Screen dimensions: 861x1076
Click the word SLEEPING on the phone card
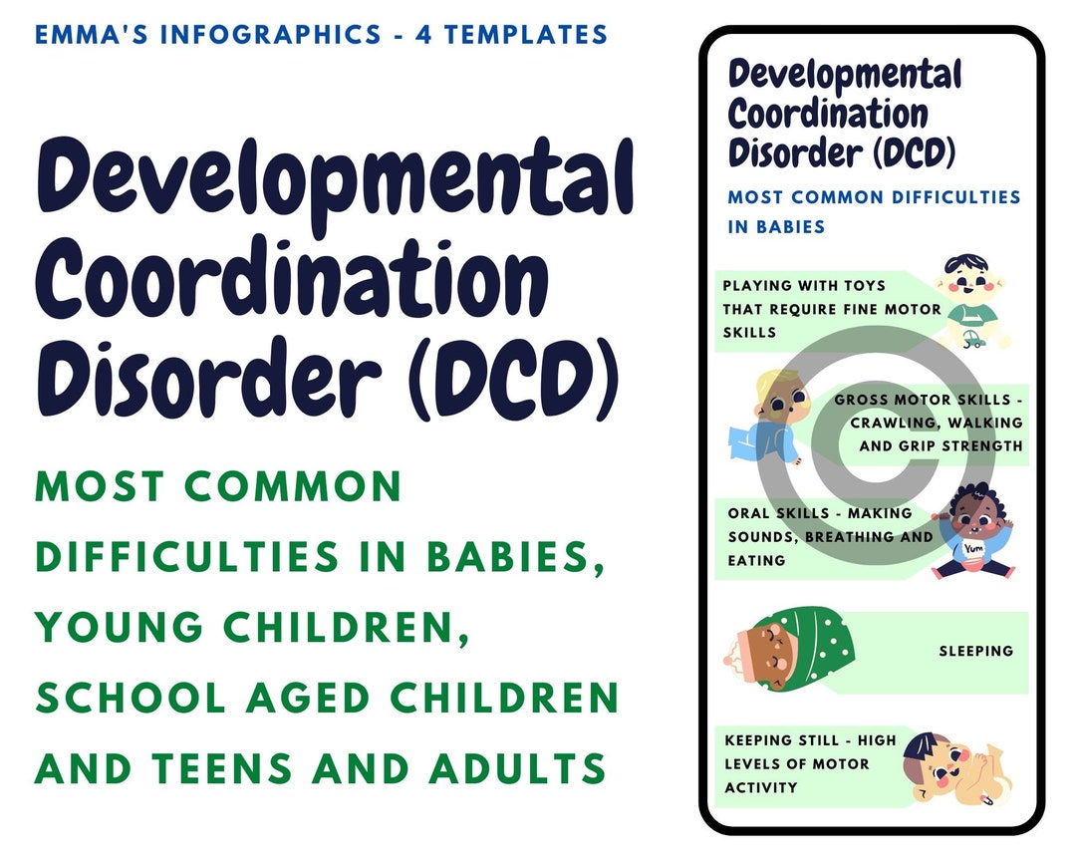point(975,651)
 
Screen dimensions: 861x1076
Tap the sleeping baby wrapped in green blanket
point(786,653)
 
